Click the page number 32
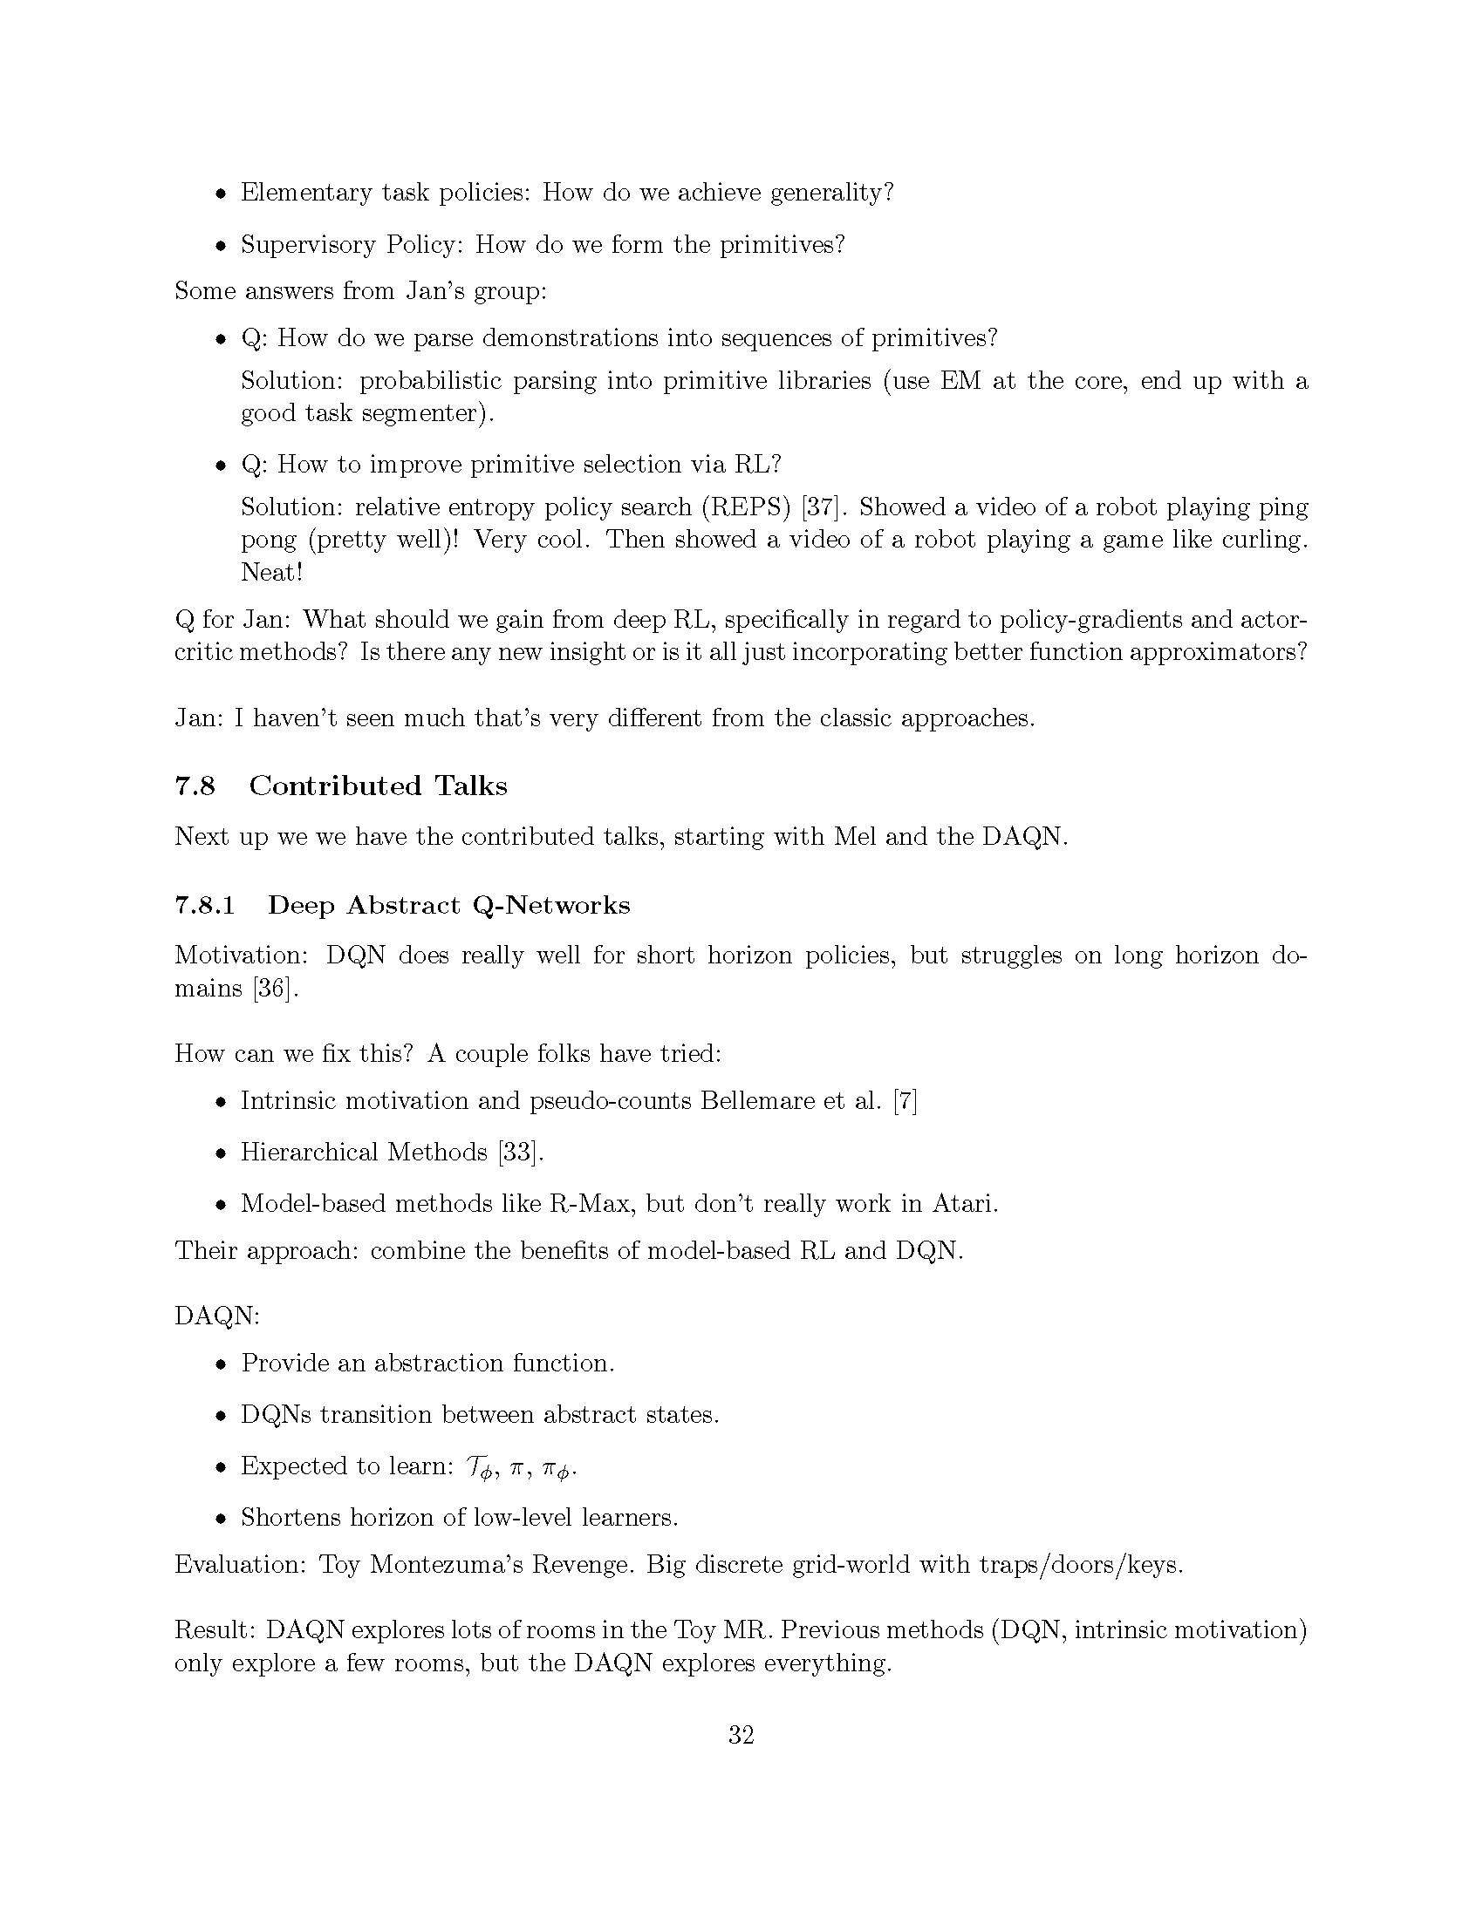[x=741, y=1734]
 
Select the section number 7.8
[x=195, y=786]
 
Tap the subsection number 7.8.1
[x=205, y=905]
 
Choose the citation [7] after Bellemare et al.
[x=905, y=1100]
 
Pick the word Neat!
[x=271, y=573]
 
